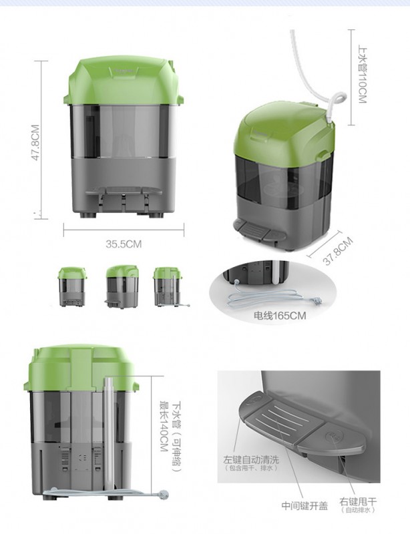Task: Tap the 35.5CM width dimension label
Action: coord(124,244)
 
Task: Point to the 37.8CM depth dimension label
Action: coord(337,251)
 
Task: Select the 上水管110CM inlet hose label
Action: coord(363,75)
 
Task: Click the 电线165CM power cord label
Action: coord(280,316)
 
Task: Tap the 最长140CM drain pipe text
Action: coord(164,427)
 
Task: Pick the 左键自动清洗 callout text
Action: coord(251,460)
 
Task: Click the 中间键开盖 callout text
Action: coord(304,506)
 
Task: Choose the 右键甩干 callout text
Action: coord(358,502)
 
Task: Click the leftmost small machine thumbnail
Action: coord(71,287)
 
